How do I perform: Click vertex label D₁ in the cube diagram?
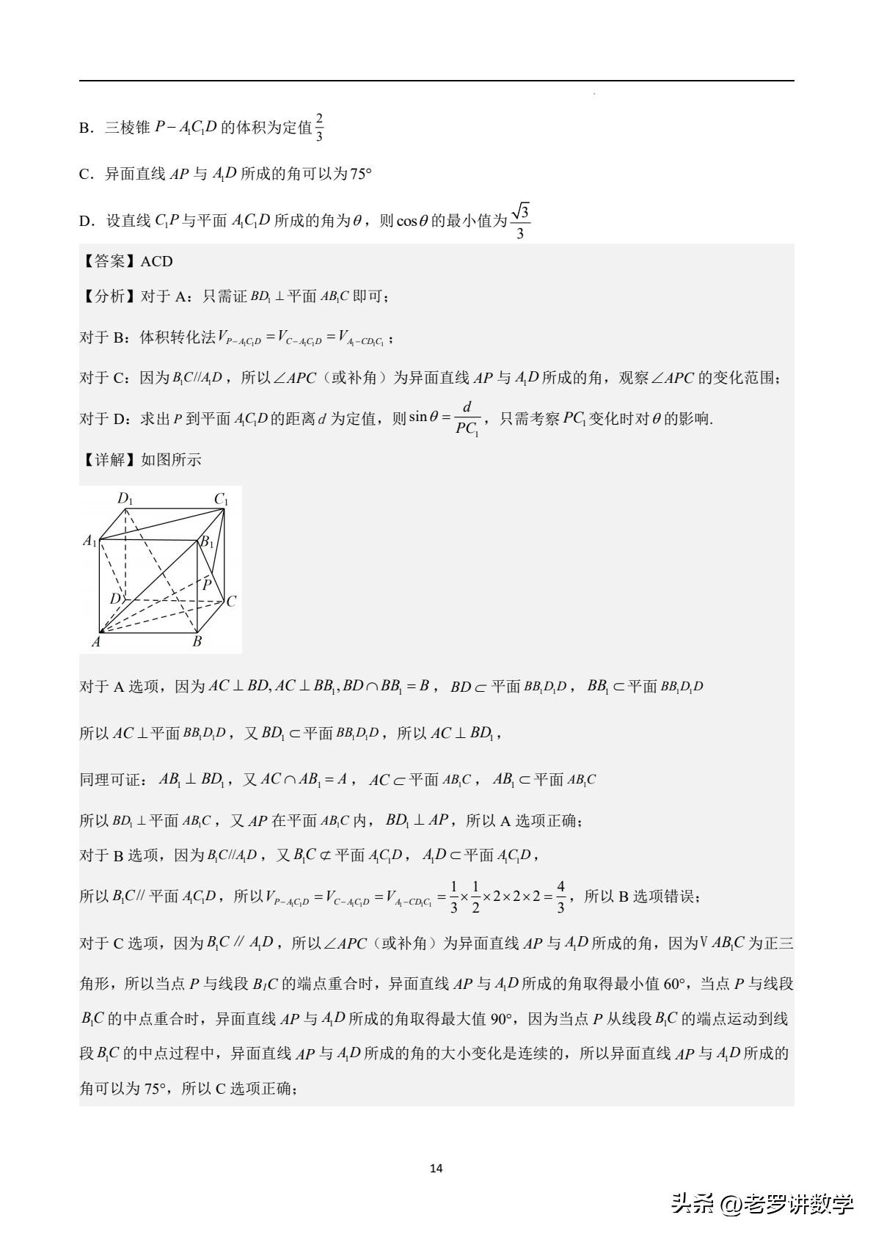pyautogui.click(x=125, y=500)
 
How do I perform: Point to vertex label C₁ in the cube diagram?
pyautogui.click(x=222, y=500)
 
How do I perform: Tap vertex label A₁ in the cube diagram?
pyautogui.click(x=90, y=541)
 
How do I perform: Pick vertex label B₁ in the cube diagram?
pyautogui.click(x=208, y=543)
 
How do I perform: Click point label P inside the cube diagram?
pyautogui.click(x=208, y=584)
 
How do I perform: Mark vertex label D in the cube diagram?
pyautogui.click(x=115, y=599)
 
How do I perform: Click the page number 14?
pyautogui.click(x=436, y=1168)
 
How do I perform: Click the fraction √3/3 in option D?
pyautogui.click(x=520, y=222)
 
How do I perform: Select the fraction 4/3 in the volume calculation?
pyautogui.click(x=560, y=897)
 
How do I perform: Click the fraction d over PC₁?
pyautogui.click(x=467, y=418)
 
